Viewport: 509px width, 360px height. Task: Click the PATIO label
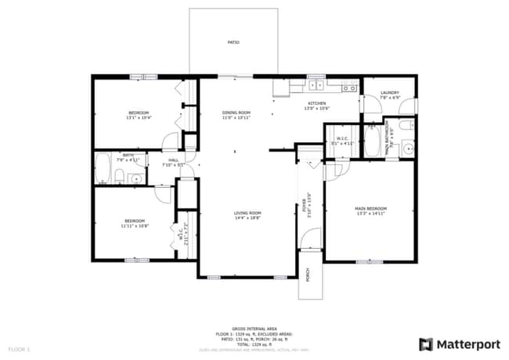click(x=233, y=42)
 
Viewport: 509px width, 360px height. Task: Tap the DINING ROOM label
click(x=236, y=113)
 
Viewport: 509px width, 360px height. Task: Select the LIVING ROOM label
click(x=247, y=213)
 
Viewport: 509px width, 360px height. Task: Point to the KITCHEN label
click(x=316, y=103)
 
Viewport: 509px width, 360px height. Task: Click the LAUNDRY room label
click(x=389, y=93)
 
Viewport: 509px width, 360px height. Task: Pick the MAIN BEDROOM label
click(x=372, y=208)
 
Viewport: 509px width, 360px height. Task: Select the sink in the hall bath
click(x=135, y=179)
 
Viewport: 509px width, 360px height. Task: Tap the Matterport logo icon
click(x=426, y=344)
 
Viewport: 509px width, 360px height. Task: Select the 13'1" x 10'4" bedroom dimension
click(x=139, y=117)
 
